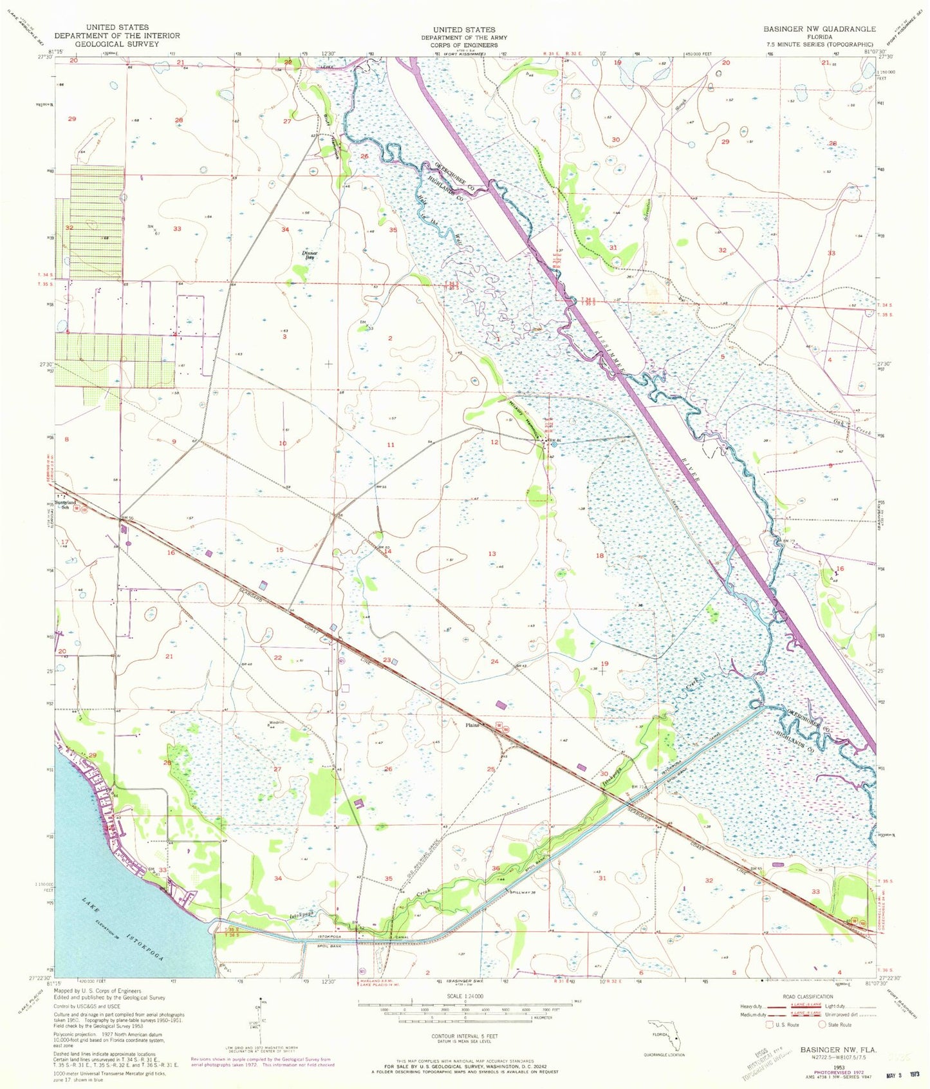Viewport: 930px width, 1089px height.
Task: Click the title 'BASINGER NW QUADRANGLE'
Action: pos(819,30)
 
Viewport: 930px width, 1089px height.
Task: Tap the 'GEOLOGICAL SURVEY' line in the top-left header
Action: pos(117,44)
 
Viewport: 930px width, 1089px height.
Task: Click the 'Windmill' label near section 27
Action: pos(277,722)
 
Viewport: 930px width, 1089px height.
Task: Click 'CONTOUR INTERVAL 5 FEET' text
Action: pos(465,1036)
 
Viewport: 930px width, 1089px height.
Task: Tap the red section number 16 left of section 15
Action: pos(171,553)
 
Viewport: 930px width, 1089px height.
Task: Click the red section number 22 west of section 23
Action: pos(278,658)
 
